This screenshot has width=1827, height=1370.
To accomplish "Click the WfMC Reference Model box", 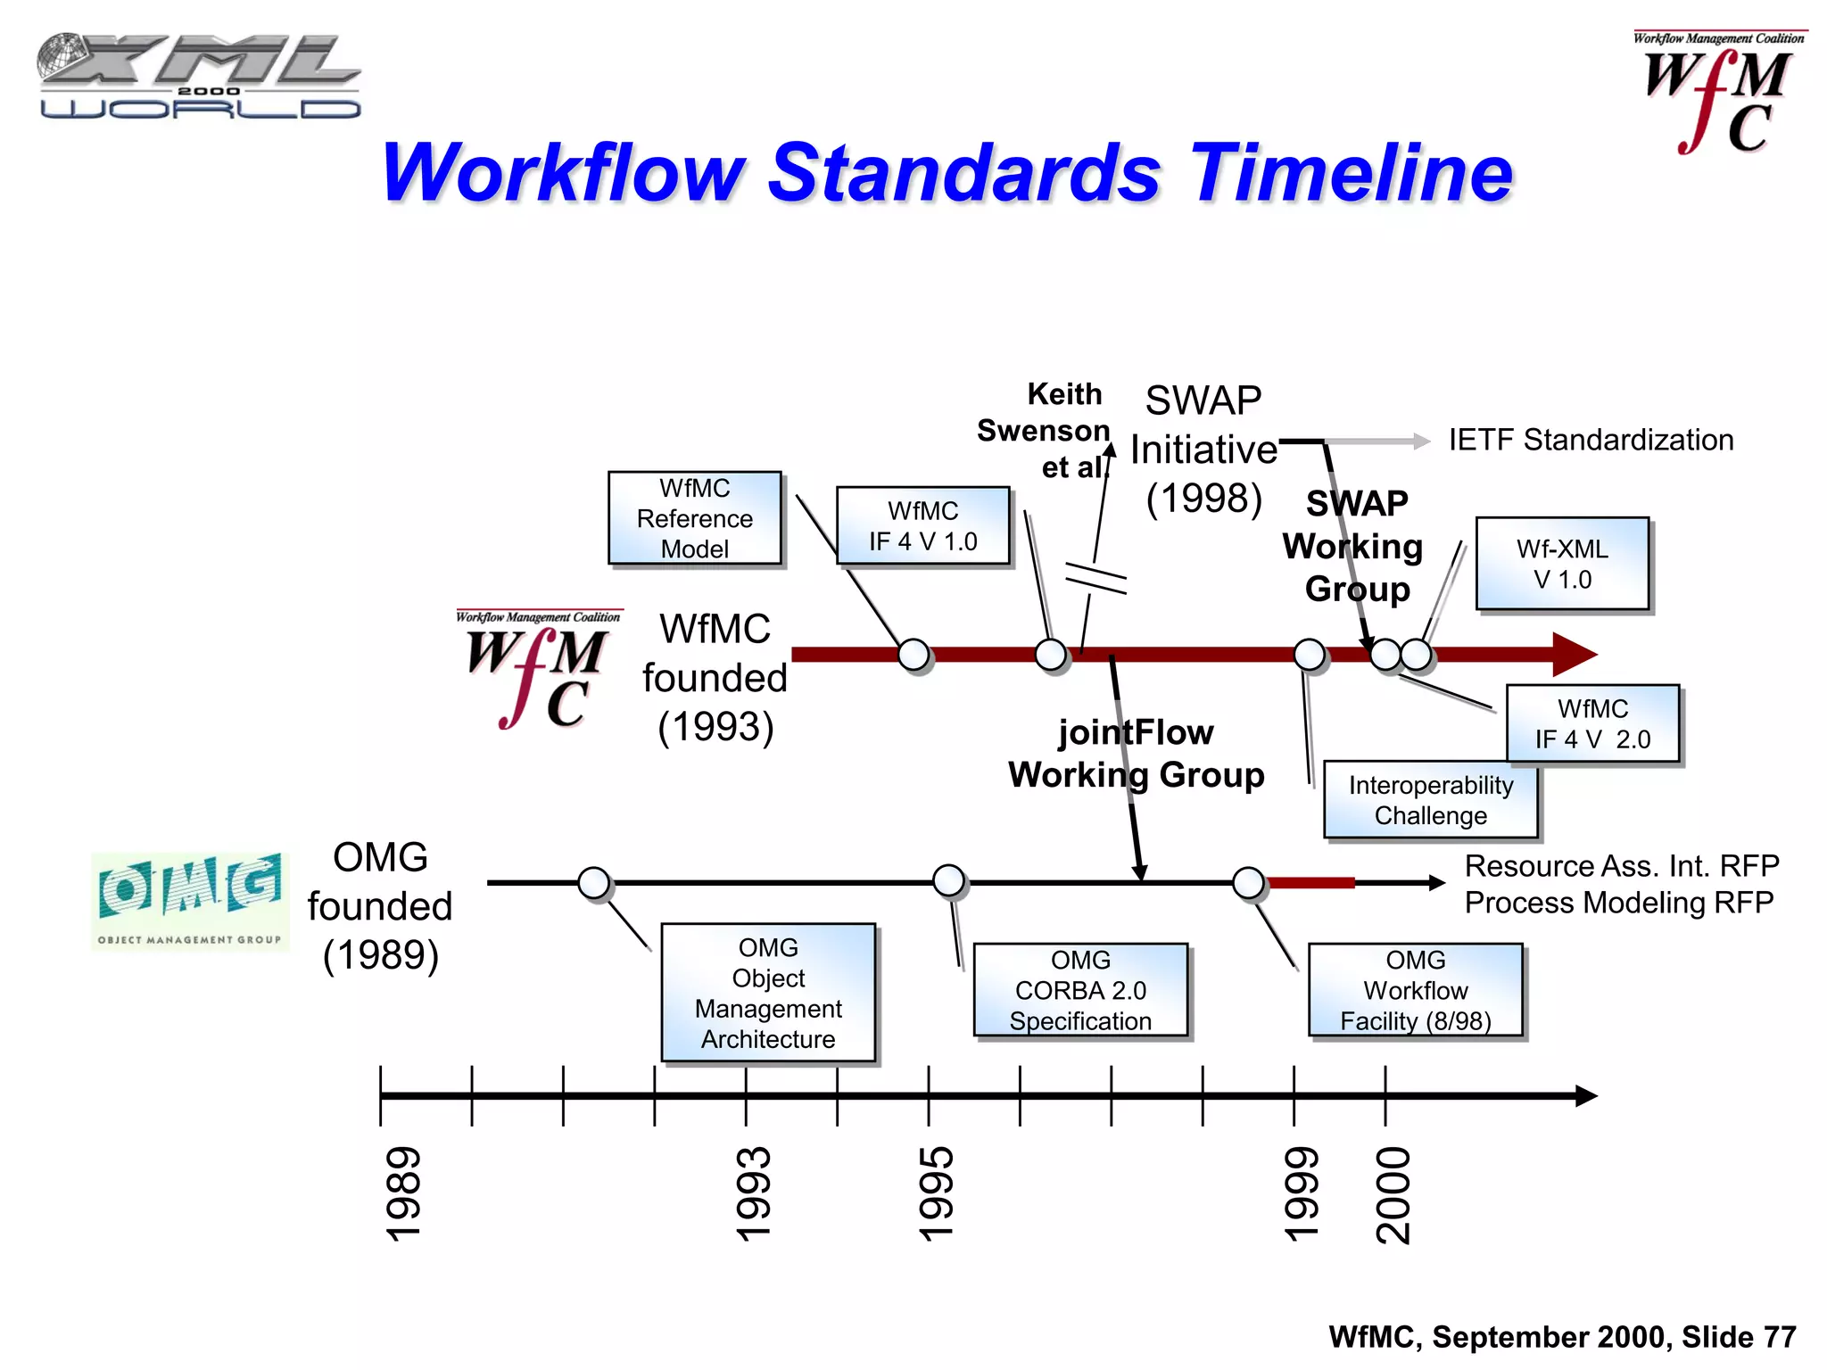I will tap(694, 518).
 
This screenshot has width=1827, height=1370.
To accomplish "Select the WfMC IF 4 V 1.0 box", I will tap(922, 526).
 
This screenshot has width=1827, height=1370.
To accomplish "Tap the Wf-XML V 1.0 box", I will tap(1562, 564).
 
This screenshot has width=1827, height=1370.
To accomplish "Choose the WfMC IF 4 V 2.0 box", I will tap(1592, 723).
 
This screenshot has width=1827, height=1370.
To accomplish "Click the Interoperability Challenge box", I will tap(1430, 800).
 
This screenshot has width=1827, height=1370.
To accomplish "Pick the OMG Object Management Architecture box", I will tap(768, 993).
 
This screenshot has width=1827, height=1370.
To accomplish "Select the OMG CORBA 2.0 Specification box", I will tap(1080, 990).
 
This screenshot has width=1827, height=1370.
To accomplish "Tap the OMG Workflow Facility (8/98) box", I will tap(1415, 990).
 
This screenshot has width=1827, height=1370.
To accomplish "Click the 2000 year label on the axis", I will tap(1393, 1195).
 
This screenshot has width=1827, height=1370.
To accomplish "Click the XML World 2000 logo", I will tap(198, 77).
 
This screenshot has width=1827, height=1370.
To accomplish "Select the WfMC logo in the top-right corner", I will tap(1717, 94).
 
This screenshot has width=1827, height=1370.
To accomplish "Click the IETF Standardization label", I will tap(1591, 440).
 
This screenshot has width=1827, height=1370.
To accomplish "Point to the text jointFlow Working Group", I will tap(1136, 754).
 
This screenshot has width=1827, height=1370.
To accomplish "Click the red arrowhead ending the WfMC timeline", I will tap(1574, 655).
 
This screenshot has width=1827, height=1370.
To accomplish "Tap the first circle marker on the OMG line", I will tap(594, 883).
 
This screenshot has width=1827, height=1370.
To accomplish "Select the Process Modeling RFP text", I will tap(1618, 903).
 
